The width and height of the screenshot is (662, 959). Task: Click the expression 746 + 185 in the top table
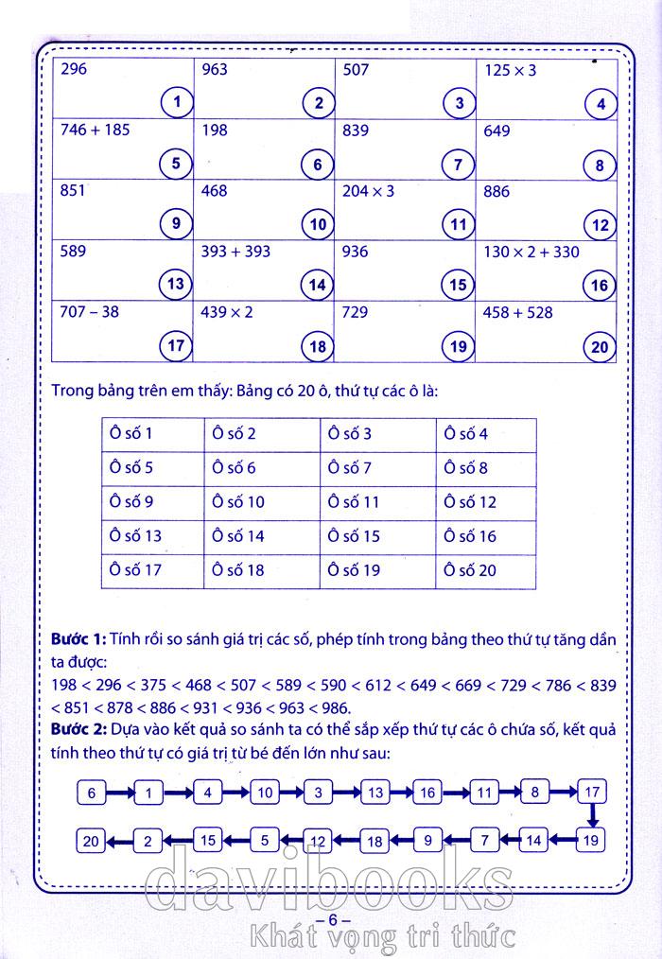pyautogui.click(x=95, y=131)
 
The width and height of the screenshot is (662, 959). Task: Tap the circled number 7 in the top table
pyautogui.click(x=459, y=165)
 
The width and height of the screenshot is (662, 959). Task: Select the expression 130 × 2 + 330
pyautogui.click(x=531, y=252)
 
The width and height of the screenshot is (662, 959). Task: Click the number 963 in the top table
pyautogui.click(x=217, y=70)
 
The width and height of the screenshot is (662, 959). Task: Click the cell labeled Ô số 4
pyautogui.click(x=466, y=434)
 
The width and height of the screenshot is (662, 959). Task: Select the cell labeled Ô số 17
pyautogui.click(x=135, y=570)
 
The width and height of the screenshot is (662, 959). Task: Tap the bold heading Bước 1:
pyautogui.click(x=78, y=640)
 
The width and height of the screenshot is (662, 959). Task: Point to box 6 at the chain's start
pyautogui.click(x=92, y=793)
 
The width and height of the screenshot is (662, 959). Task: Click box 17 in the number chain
pyautogui.click(x=592, y=792)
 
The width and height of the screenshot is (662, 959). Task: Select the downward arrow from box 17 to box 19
pyautogui.click(x=592, y=814)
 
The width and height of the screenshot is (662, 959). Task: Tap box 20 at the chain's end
pyautogui.click(x=91, y=839)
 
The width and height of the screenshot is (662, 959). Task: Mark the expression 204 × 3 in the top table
pyautogui.click(x=368, y=191)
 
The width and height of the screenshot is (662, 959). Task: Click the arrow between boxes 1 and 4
pyautogui.click(x=179, y=793)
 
